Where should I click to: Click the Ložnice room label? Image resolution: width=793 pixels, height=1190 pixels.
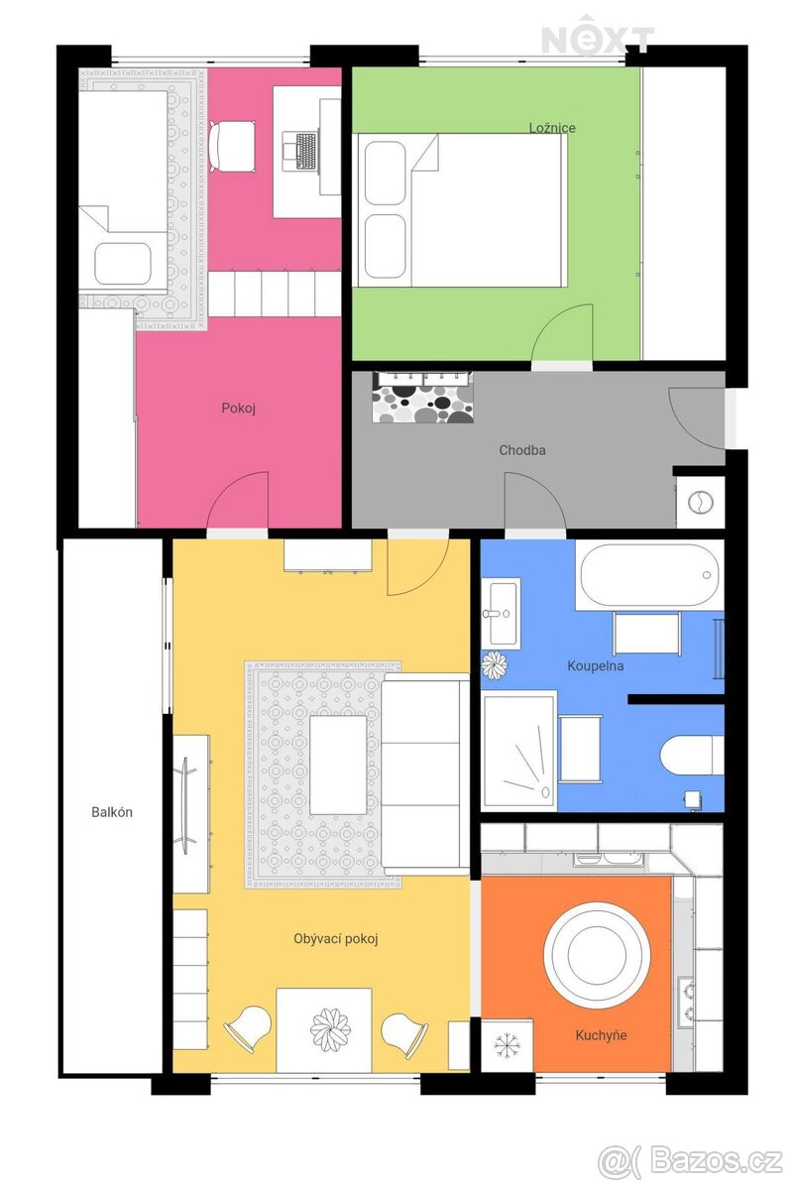[x=552, y=128]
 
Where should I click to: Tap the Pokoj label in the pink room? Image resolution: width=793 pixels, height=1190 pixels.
[x=239, y=408]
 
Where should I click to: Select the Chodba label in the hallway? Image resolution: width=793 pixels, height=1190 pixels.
[x=521, y=450]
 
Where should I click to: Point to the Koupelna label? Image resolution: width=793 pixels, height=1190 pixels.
[x=595, y=665]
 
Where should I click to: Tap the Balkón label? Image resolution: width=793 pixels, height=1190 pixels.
[x=112, y=812]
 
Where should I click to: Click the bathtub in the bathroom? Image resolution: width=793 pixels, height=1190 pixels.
[x=649, y=574]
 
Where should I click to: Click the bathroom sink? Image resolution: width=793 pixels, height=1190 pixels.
[x=500, y=613]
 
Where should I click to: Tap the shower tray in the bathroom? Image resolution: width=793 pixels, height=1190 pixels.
[x=519, y=752]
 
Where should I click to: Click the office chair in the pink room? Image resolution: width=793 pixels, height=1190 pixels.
[x=231, y=146]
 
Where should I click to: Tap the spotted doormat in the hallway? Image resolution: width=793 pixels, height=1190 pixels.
[x=423, y=403]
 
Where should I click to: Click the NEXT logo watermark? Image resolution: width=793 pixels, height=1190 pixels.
[x=598, y=36]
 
